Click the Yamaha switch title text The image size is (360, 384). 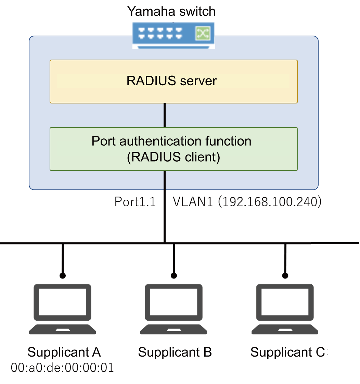[171, 11]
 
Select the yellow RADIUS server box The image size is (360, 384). [173, 81]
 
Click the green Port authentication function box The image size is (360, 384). [173, 149]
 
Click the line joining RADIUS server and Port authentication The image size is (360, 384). [165, 115]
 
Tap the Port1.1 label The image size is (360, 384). [135, 202]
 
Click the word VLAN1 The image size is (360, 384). [192, 202]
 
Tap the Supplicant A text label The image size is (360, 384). [64, 352]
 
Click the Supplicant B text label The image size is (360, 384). [175, 352]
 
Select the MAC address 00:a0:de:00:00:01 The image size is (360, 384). [62, 368]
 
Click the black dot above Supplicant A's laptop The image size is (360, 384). [62, 275]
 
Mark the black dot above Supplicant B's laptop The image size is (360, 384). [174, 275]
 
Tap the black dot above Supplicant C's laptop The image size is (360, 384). [285, 275]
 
